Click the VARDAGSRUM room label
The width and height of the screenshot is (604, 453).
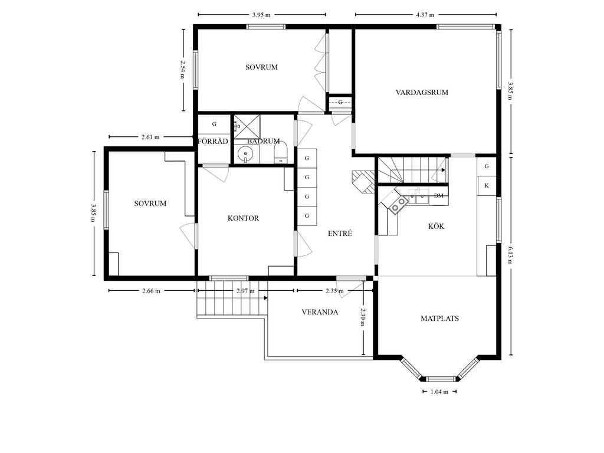(x=422, y=93)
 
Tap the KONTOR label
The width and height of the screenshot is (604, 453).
(x=243, y=218)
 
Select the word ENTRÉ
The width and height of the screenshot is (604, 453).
(x=340, y=234)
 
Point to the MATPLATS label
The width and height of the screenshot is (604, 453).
(x=439, y=319)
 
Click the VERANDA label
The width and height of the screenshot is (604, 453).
(x=320, y=312)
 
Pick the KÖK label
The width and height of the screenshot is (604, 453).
(x=436, y=226)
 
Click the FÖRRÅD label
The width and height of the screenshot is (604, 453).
(x=213, y=141)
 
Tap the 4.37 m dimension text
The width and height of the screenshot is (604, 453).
(x=425, y=15)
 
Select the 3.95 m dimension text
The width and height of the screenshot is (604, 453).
(x=261, y=15)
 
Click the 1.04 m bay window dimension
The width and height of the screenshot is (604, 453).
(x=439, y=392)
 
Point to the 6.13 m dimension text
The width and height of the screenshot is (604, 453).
(x=510, y=255)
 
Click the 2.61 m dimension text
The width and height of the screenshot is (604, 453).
(x=150, y=137)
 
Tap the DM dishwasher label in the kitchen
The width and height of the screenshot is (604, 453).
(x=438, y=196)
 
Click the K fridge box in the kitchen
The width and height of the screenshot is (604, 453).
(x=487, y=186)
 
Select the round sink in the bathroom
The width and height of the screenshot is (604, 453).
(x=245, y=155)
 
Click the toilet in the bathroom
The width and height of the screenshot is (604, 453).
(x=281, y=153)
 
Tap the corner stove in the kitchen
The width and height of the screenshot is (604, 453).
(x=398, y=203)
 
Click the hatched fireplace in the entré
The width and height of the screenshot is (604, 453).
(x=363, y=182)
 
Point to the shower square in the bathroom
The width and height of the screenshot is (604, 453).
(x=247, y=126)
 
